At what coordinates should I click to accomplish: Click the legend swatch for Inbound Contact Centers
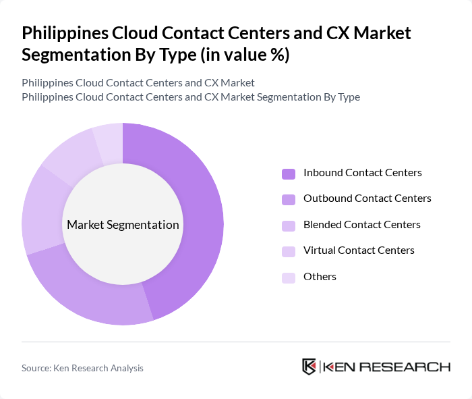289,174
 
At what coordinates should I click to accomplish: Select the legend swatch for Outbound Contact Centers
289,199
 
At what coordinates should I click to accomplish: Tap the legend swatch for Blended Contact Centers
289,225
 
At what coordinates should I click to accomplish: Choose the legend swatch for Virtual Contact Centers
289,251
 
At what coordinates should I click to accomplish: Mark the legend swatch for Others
289,277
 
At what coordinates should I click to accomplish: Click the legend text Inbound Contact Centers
362,173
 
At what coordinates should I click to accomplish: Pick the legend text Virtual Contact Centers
359,250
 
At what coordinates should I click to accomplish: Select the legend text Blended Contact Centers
361,225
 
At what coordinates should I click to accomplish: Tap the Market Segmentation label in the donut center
123,225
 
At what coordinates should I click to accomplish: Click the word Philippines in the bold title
66,32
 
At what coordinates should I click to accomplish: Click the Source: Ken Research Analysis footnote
82,368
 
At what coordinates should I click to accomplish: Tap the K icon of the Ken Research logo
309,367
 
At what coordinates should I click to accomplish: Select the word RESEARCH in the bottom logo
412,367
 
